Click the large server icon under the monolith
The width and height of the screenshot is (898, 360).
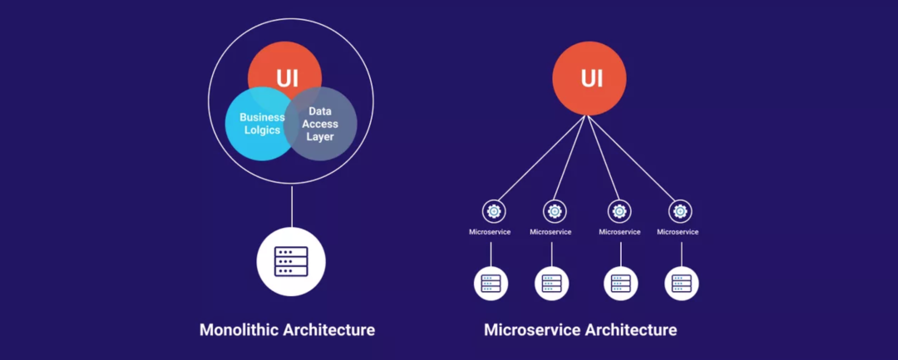click(x=291, y=261)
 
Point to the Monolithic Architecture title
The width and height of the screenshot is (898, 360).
click(x=287, y=330)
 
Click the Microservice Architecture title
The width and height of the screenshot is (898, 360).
click(x=580, y=330)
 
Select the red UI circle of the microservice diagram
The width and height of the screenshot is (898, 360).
click(x=591, y=78)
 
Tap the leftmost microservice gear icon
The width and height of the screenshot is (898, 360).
click(x=493, y=211)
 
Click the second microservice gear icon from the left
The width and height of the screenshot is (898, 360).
click(x=555, y=211)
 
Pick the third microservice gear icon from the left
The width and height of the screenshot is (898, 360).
click(x=618, y=211)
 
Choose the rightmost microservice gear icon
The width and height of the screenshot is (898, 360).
click(x=681, y=211)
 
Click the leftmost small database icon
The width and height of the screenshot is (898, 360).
click(x=491, y=283)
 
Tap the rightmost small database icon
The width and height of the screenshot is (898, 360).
click(x=682, y=283)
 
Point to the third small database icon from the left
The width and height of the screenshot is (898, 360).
click(x=620, y=283)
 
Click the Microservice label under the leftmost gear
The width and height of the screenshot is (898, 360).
click(x=490, y=232)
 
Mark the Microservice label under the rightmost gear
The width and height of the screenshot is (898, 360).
click(x=678, y=232)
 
